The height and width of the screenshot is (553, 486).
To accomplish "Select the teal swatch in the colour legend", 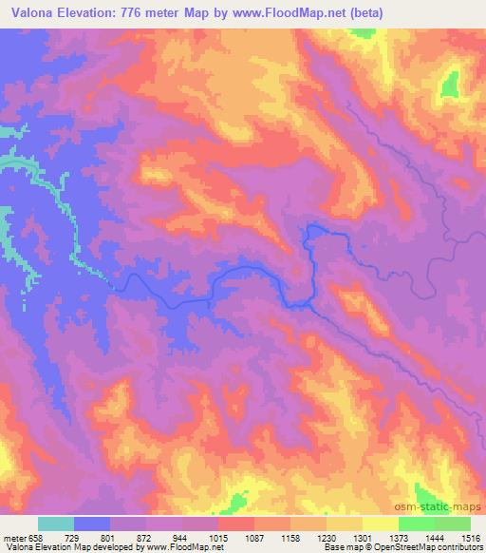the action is point(56,524).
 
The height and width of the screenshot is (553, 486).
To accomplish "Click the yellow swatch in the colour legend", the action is point(380,524).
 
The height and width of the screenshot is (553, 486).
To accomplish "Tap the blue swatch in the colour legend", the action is point(92,524).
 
